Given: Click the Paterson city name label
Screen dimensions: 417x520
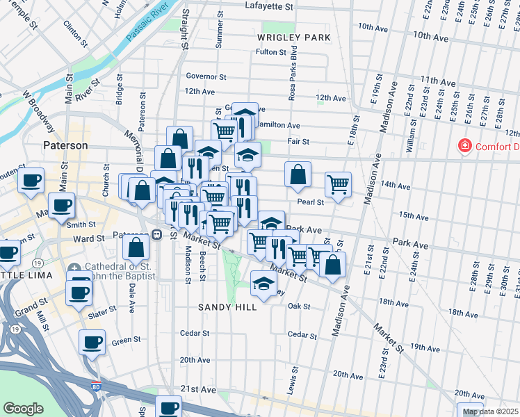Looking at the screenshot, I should click(66, 146).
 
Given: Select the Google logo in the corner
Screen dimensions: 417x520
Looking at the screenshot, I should click(23, 409).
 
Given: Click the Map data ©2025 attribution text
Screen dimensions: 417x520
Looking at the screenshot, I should click(489, 411).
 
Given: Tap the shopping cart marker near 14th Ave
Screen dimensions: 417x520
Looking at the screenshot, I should click(338, 184).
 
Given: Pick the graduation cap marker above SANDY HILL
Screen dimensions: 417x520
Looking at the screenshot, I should click(263, 283).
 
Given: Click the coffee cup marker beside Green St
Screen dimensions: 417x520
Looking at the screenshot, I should click(92, 342).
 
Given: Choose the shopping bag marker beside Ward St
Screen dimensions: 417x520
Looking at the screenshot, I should click(136, 246).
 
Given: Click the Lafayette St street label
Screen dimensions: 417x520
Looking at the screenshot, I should click(270, 6).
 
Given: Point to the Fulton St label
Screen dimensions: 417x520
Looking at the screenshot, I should click(271, 52).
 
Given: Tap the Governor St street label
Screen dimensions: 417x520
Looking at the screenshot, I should click(206, 76).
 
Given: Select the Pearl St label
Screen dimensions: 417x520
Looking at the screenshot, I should click(311, 202).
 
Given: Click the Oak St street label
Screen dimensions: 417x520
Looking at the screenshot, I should click(298, 306).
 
